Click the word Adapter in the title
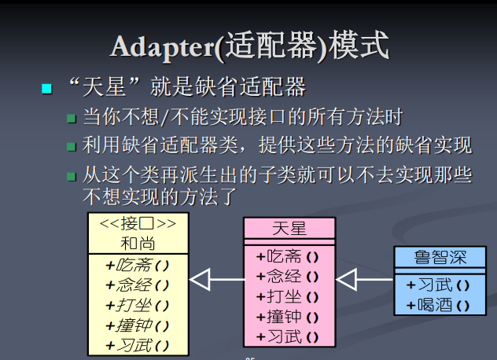[x=162, y=46]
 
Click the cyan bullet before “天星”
[x=46, y=87]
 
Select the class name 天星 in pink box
[x=289, y=229]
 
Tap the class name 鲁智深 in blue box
[x=440, y=258]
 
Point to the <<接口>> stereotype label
[x=138, y=223]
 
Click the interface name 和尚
[x=138, y=243]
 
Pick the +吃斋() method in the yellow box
[x=138, y=265]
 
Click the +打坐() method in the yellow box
[x=138, y=305]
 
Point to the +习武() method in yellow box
[x=138, y=345]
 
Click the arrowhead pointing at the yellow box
[x=201, y=279]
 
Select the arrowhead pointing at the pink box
[x=347, y=279]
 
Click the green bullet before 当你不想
[x=72, y=119]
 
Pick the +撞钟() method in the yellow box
[x=138, y=325]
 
